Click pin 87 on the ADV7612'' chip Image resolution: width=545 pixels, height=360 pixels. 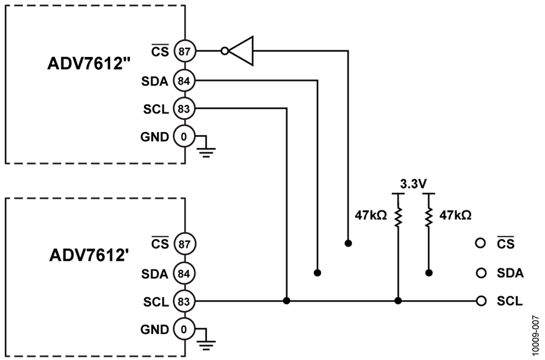point(184,52)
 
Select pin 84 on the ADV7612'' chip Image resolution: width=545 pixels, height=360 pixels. point(184,81)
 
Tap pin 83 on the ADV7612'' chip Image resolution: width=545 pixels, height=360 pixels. point(184,109)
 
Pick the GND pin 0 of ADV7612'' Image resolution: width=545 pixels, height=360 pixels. point(184,137)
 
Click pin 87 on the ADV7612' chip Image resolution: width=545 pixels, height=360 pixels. point(184,244)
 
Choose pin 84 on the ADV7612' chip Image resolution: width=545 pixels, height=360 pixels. point(184,274)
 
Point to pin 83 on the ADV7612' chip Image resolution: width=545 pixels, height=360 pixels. point(184,301)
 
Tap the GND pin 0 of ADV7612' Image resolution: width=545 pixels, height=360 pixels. point(184,329)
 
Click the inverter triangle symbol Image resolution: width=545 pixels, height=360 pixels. point(242,51)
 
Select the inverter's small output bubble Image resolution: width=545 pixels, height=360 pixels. point(225,51)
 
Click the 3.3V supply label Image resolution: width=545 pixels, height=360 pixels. point(413,184)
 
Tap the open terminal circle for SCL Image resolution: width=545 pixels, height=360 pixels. point(481,301)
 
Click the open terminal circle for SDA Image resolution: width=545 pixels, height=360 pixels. point(481,273)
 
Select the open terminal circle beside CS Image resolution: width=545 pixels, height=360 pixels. point(480,243)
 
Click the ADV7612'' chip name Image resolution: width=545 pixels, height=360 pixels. point(89,64)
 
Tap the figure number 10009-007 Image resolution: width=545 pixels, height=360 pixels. point(537,335)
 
